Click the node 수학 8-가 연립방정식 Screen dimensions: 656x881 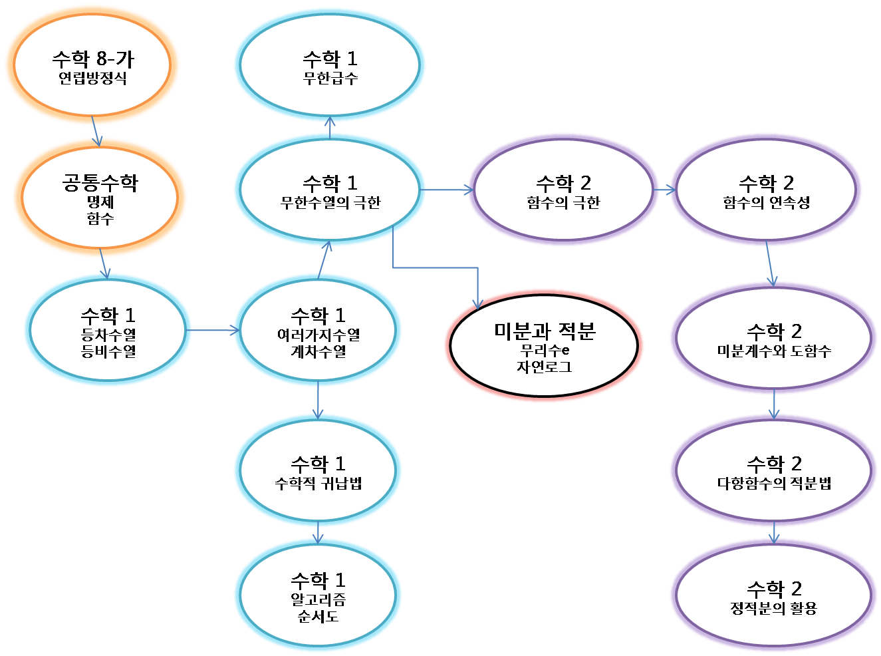pyautogui.click(x=92, y=65)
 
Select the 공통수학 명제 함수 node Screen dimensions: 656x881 pyautogui.click(x=100, y=198)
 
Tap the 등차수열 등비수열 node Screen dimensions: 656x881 pyautogui.click(x=108, y=331)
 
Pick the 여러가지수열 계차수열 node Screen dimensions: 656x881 pyautogui.click(x=318, y=331)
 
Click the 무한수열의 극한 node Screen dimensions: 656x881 pyautogui.click(x=330, y=190)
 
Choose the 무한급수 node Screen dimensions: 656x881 pyautogui.click(x=330, y=65)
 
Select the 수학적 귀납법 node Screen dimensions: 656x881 pyautogui.click(x=318, y=470)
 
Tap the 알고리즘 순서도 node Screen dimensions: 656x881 pyautogui.click(x=318, y=595)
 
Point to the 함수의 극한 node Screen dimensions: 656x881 pyautogui.click(x=563, y=190)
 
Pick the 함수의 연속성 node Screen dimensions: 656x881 pyautogui.click(x=766, y=190)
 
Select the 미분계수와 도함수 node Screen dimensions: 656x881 pyautogui.click(x=773, y=338)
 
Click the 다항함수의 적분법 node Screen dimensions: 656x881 pyautogui.click(x=773, y=470)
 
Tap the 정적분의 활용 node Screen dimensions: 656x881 pyautogui.click(x=773, y=595)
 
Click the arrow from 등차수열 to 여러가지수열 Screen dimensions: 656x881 pyautogui.click(x=213, y=330)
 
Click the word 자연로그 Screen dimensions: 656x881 pyautogui.click(x=544, y=367)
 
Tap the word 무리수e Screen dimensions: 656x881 pyautogui.click(x=544, y=350)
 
